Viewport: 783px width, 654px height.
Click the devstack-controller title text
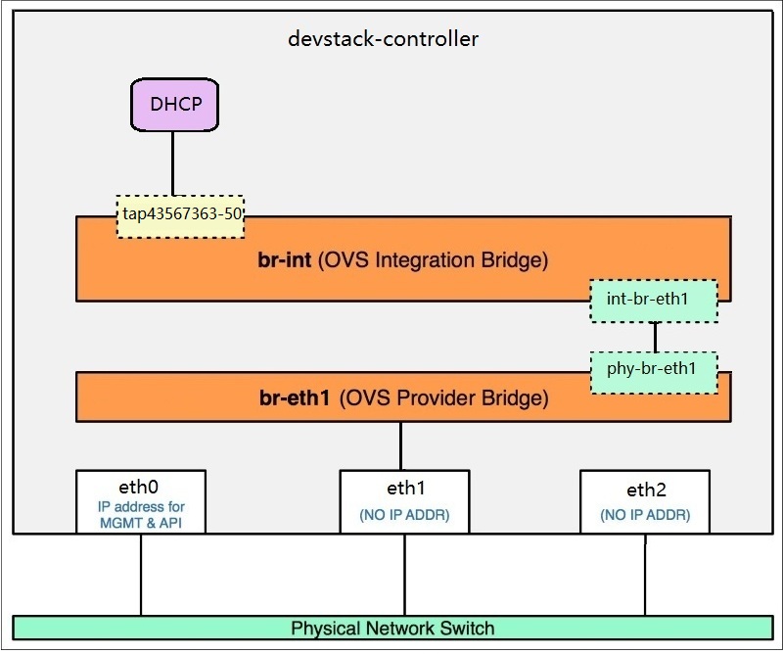pyautogui.click(x=384, y=40)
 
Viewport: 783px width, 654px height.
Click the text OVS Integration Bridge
pyautogui.click(x=434, y=260)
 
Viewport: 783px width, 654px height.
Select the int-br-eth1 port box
pyautogui.click(x=654, y=302)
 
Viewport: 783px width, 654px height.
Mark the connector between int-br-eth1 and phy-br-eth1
pyautogui.click(x=655, y=337)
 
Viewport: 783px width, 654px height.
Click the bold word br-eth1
pyautogui.click(x=295, y=398)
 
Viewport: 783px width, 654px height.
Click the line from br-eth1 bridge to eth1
pyautogui.click(x=400, y=446)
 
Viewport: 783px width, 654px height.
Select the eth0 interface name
pyautogui.click(x=140, y=487)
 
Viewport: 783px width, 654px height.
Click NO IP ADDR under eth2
pyautogui.click(x=645, y=515)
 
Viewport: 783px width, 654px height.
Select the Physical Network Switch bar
pyautogui.click(x=392, y=628)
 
